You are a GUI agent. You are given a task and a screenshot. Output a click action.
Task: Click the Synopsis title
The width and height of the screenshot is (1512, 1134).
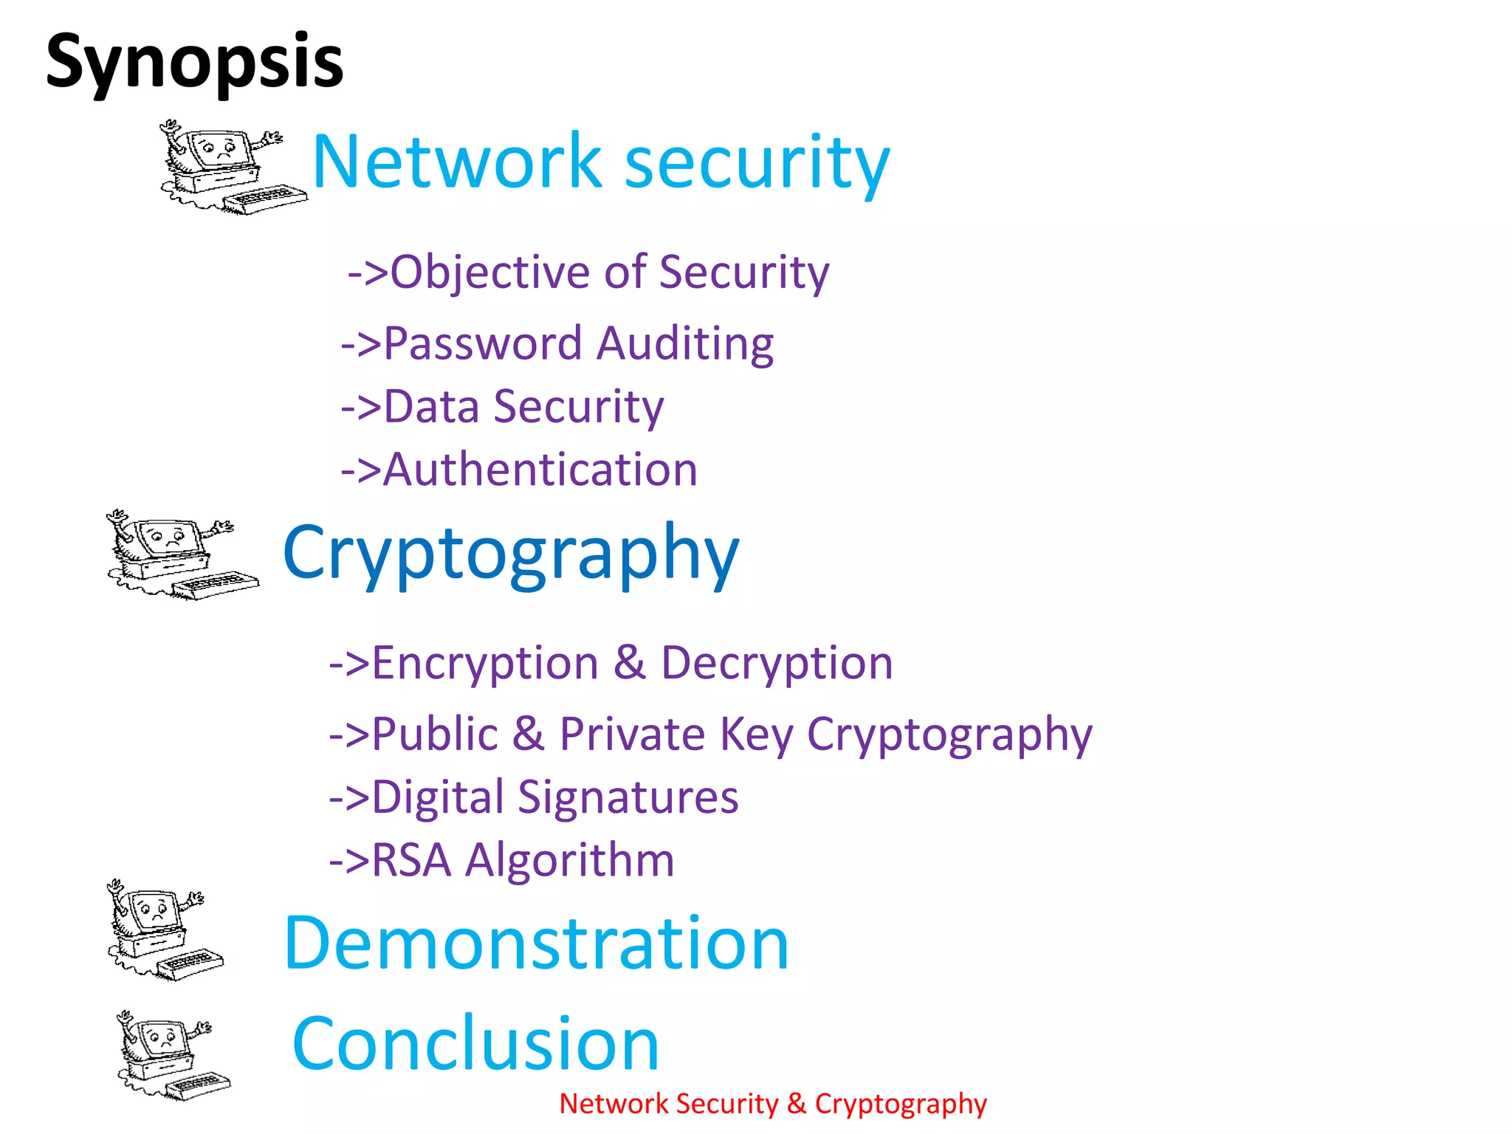click(194, 62)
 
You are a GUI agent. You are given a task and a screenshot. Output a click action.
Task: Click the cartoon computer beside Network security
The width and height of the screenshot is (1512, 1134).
click(230, 167)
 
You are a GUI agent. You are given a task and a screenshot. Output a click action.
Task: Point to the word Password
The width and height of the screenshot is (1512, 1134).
click(483, 343)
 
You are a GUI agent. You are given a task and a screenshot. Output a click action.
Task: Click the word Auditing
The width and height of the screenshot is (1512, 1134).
click(684, 343)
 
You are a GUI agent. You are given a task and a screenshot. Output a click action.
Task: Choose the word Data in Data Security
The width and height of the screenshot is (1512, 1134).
click(431, 407)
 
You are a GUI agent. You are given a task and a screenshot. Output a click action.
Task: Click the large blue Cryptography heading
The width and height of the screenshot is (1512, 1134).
click(511, 554)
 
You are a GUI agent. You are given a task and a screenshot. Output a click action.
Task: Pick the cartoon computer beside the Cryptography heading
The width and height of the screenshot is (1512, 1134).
click(181, 554)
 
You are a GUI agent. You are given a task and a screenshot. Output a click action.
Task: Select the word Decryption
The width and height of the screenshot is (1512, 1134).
click(777, 662)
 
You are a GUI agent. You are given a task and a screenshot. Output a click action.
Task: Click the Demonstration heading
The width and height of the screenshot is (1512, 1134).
click(537, 944)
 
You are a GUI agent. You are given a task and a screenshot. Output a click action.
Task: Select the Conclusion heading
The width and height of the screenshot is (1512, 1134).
click(475, 1043)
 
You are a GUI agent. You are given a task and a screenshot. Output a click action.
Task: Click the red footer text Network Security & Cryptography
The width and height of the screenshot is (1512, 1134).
click(773, 1104)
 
